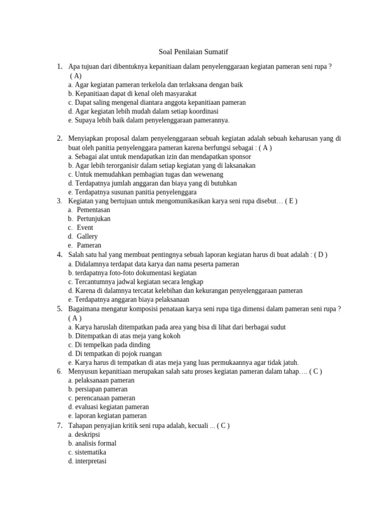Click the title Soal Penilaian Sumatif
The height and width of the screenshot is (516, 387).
(193, 52)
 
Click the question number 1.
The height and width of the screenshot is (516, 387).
(59, 67)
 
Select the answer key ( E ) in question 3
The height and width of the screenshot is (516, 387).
(291, 201)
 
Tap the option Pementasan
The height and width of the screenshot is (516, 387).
(93, 210)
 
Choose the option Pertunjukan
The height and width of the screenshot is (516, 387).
(93, 219)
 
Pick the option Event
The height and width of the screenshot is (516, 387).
(85, 228)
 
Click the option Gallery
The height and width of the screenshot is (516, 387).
(87, 236)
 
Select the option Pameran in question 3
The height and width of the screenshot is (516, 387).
(89, 245)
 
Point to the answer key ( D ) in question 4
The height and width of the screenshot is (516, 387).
(320, 254)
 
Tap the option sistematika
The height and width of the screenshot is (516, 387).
(90, 453)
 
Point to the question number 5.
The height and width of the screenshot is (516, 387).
(59, 308)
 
